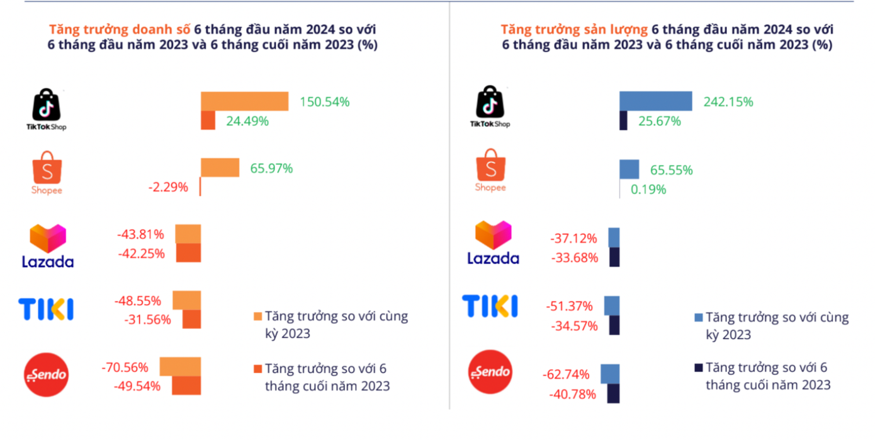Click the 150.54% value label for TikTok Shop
tap(324, 101)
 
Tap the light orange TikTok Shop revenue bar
tap(244, 101)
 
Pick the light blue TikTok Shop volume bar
tap(655, 101)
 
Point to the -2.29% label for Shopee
tap(168, 187)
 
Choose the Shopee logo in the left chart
tap(47, 172)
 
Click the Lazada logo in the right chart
tap(493, 243)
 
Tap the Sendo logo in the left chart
tap(46, 374)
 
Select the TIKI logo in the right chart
tap(490, 306)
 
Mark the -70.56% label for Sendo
tap(125, 367)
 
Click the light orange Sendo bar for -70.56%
tap(180, 366)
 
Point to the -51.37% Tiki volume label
tap(569, 306)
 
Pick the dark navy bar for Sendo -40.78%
tap(613, 393)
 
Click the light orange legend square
tap(257, 316)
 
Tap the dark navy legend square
tap(697, 368)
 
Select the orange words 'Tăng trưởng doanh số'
tap(119, 29)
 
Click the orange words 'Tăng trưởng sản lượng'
tap(573, 29)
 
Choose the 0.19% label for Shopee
tap(649, 189)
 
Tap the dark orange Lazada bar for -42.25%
tap(188, 253)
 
